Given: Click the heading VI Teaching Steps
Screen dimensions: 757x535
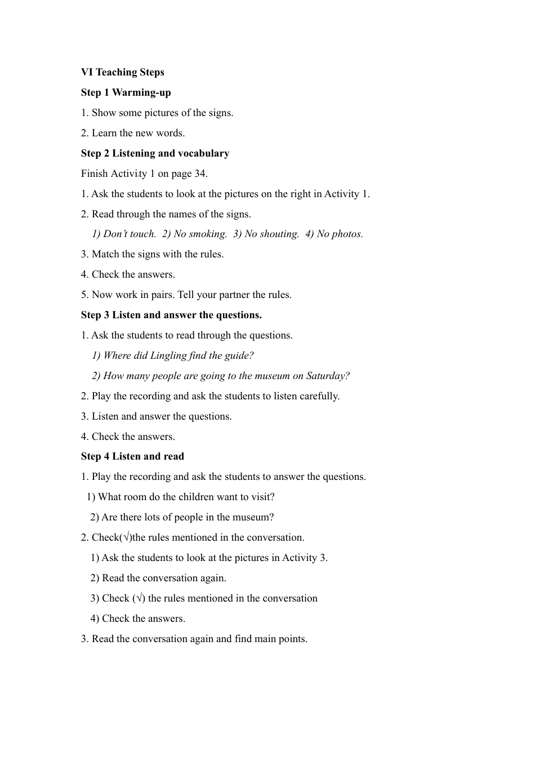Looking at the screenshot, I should pyautogui.click(x=122, y=72).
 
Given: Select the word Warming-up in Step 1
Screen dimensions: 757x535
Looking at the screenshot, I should pyautogui.click(x=141, y=92).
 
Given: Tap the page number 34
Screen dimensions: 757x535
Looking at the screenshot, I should pyautogui.click(x=200, y=173).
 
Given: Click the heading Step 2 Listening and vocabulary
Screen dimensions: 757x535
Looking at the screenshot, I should pyautogui.click(x=155, y=153).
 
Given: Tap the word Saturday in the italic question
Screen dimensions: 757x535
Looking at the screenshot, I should pyautogui.click(x=327, y=376).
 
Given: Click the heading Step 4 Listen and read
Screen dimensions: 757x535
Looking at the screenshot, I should pyautogui.click(x=132, y=456).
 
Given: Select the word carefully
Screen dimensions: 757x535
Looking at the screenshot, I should pyautogui.click(x=319, y=396).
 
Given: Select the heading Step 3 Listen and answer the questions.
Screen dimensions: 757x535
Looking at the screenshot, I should pyautogui.click(x=171, y=315).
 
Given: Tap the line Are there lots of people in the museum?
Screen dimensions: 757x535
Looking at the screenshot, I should pyautogui.click(x=182, y=517).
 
